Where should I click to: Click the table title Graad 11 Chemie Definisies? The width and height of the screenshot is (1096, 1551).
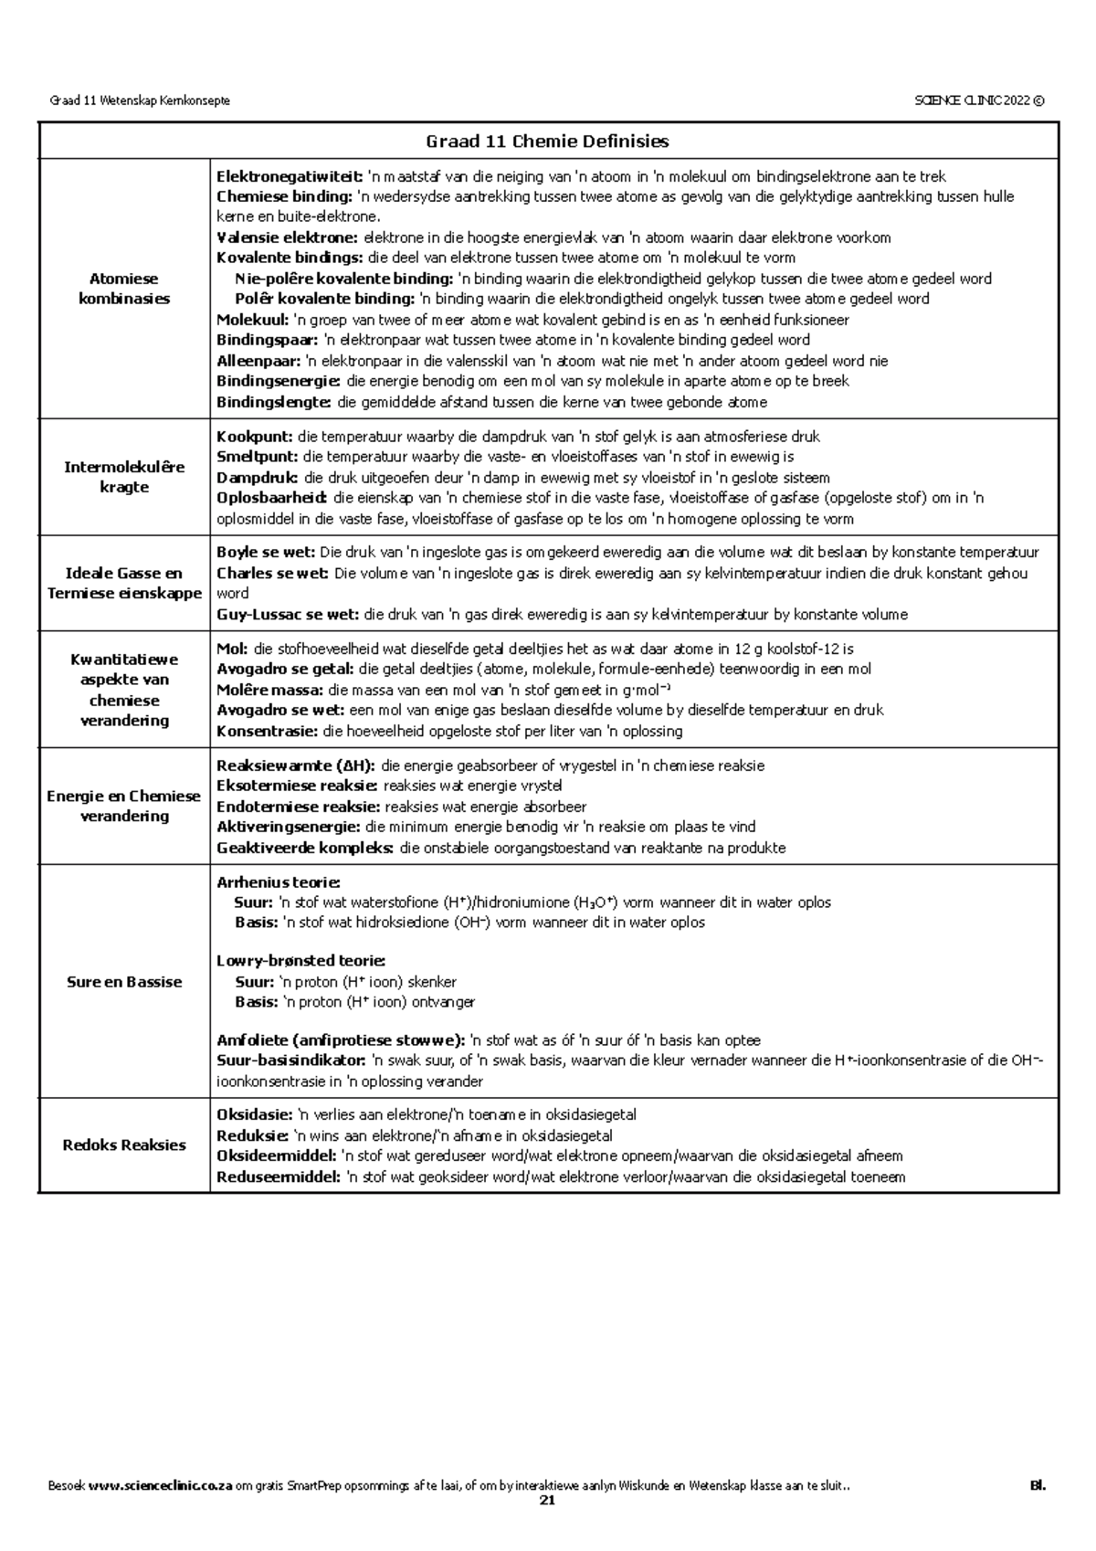click(x=547, y=142)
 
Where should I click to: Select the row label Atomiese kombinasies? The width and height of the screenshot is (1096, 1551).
click(x=124, y=289)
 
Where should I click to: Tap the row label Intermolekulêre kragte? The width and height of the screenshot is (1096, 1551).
click(x=124, y=477)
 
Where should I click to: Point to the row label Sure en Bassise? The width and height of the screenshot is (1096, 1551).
click(x=124, y=982)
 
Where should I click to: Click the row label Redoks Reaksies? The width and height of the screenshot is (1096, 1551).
click(x=124, y=1145)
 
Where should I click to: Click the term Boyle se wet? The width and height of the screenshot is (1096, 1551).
click(x=266, y=553)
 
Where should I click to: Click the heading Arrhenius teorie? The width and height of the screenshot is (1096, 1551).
click(x=278, y=882)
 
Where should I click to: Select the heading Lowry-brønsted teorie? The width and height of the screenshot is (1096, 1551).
click(x=300, y=961)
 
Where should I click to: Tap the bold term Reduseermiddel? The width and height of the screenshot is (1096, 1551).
click(x=278, y=1177)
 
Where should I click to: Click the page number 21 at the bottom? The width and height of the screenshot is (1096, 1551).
click(x=547, y=1500)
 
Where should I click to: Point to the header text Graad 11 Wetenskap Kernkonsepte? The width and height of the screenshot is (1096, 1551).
click(x=139, y=100)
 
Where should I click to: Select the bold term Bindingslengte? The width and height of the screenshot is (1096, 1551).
click(x=275, y=402)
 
